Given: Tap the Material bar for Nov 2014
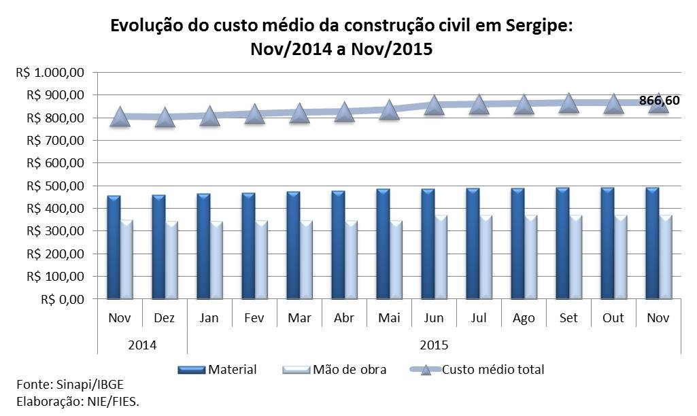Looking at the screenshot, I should coord(114,248).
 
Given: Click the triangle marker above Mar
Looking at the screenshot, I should coord(299,113).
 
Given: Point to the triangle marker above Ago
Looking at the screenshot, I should coord(524,105).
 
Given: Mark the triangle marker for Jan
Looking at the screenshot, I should coord(209,116).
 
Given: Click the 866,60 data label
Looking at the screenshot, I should coord(659,101).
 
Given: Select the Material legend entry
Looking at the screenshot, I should coord(218,370).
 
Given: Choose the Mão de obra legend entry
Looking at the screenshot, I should coord(334,370).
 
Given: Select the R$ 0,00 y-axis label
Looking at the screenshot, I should coord(62,299).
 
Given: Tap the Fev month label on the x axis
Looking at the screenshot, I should coord(254,318).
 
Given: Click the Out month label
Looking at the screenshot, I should coord(613,318).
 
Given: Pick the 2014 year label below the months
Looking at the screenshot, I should coord(142,345).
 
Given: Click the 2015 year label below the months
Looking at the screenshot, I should coord(434,345).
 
